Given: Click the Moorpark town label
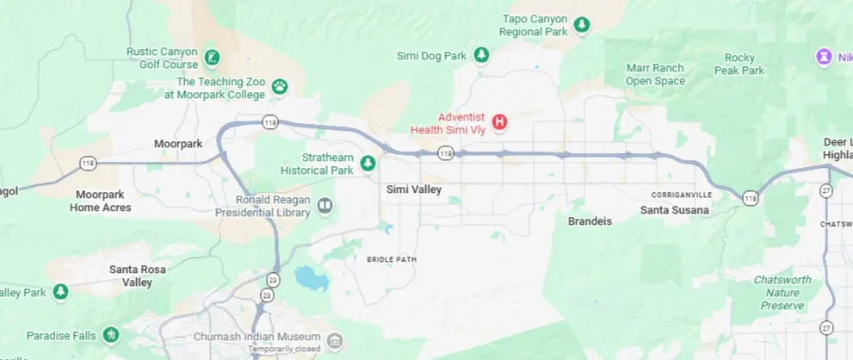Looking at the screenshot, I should click(x=177, y=143).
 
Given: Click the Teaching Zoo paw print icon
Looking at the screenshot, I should click(x=280, y=86).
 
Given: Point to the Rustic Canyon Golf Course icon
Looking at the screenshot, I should click(x=211, y=59).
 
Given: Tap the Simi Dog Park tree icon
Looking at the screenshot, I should click(x=482, y=56).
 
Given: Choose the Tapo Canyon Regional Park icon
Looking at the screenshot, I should click(x=583, y=25).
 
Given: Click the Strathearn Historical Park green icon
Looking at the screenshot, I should click(x=368, y=163).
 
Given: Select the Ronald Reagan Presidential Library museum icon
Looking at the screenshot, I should click(x=325, y=205).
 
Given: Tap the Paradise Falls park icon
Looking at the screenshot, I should click(x=110, y=334).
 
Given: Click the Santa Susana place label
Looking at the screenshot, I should click(x=675, y=210).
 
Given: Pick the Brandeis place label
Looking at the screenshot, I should click(x=590, y=221).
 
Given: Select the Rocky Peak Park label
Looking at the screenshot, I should click(x=739, y=64).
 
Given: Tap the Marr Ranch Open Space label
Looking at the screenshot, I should click(x=655, y=75).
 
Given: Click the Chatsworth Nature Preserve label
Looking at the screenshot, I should click(x=782, y=293).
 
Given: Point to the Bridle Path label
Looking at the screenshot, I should click(x=391, y=259).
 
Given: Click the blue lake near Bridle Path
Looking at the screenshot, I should click(x=307, y=277).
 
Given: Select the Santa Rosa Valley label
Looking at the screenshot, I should click(x=136, y=276).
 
